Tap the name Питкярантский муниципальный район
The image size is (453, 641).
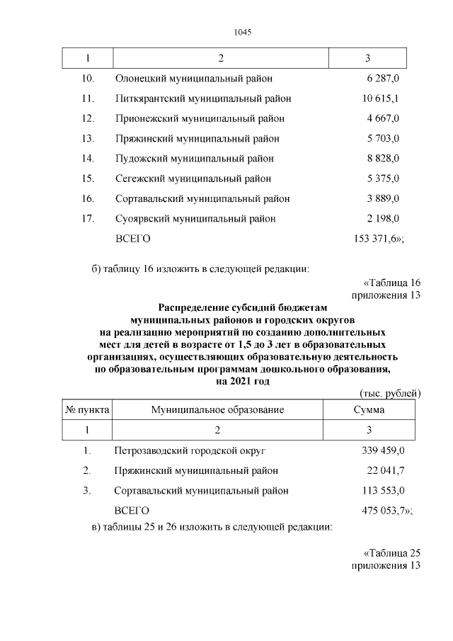click(202, 98)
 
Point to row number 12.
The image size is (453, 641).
click(88, 118)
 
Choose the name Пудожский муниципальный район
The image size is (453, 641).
click(194, 159)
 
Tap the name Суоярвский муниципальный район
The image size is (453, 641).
click(195, 218)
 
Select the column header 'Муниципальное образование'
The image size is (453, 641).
click(217, 410)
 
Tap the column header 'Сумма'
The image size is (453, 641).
click(369, 410)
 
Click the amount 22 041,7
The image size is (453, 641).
click(386, 470)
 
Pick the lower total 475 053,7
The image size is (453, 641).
click(386, 510)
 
